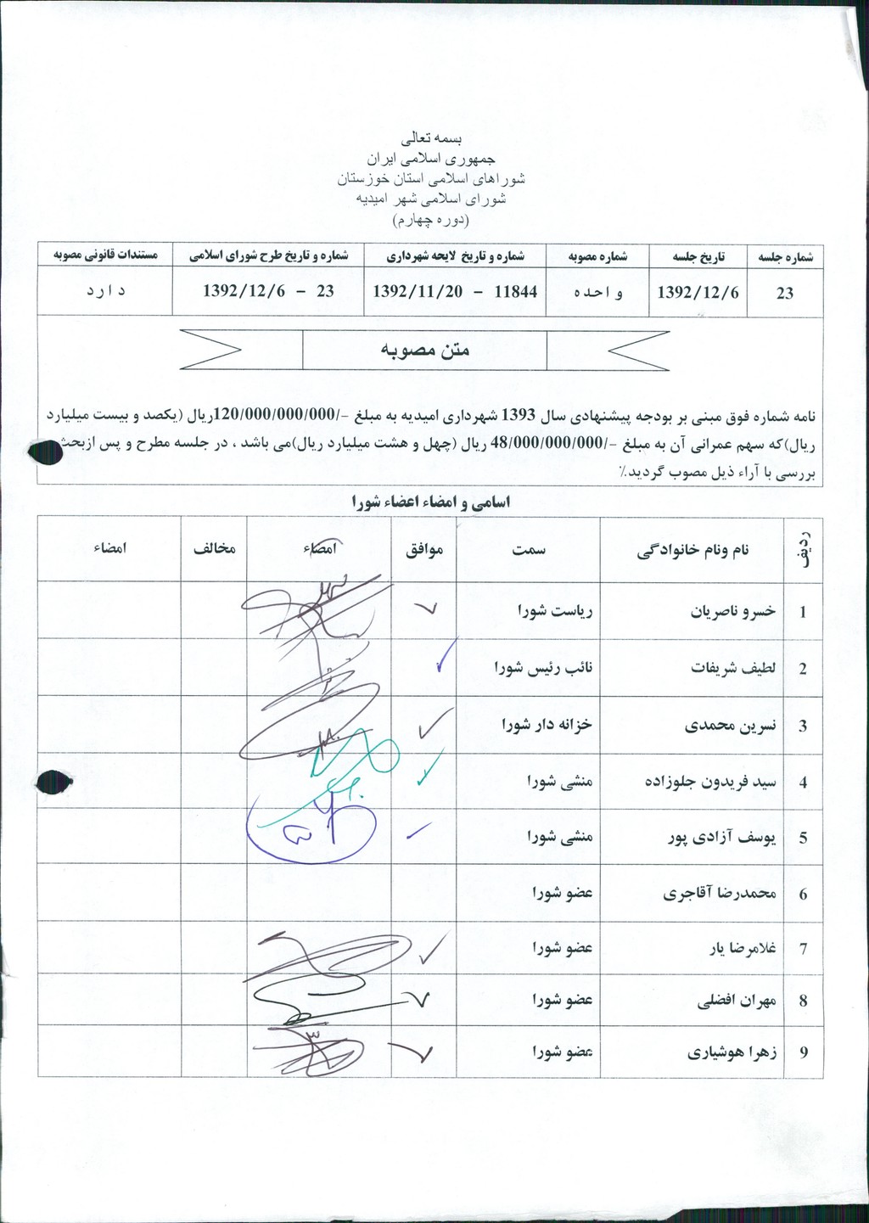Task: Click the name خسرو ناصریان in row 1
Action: tap(733, 611)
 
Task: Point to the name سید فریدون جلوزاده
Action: tap(710, 782)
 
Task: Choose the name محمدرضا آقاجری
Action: tap(720, 894)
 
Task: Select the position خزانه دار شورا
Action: tap(547, 725)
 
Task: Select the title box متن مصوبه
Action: tap(424, 350)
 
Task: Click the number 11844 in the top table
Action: tap(515, 292)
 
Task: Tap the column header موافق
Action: tap(423, 549)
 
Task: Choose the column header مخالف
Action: tap(214, 549)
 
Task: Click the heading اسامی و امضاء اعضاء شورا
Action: tap(431, 502)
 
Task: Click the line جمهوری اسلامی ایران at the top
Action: tap(430, 159)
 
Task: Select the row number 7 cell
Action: tap(803, 948)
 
